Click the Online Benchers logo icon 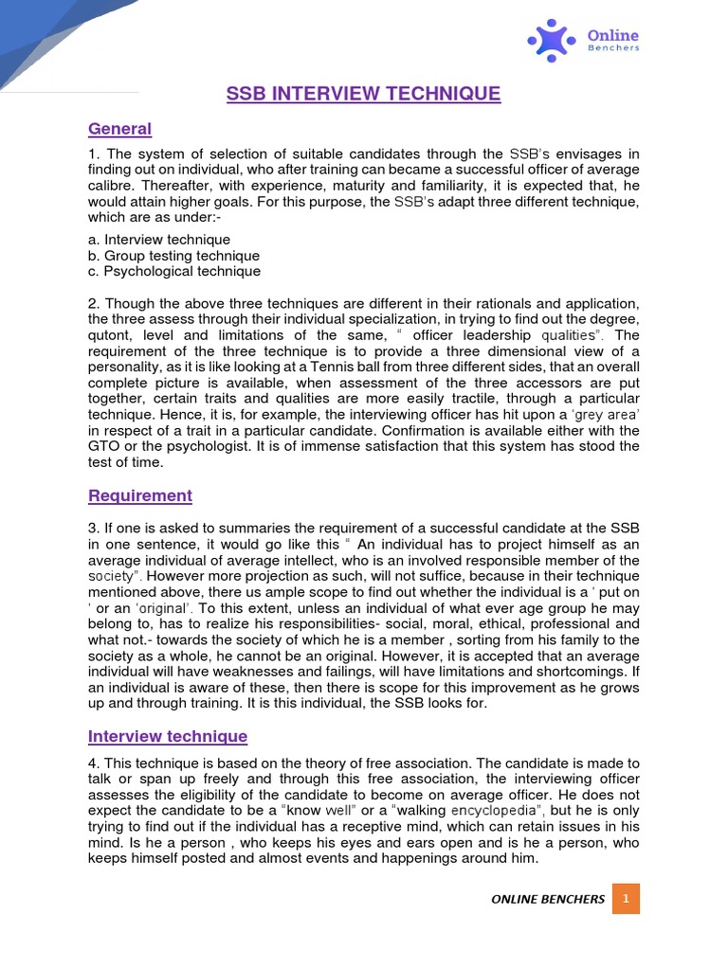click(552, 40)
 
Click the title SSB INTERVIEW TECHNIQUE click(363, 93)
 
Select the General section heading click(119, 129)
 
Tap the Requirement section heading click(139, 495)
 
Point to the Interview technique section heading click(167, 736)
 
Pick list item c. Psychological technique click(173, 271)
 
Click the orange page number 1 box click(626, 898)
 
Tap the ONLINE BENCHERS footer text click(548, 899)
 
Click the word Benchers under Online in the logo click(613, 46)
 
